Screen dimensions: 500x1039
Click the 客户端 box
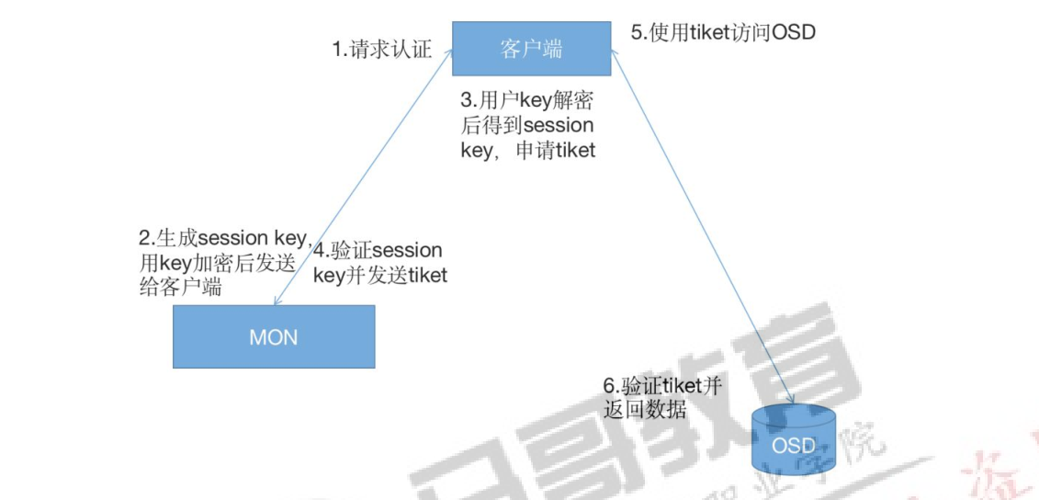tap(531, 49)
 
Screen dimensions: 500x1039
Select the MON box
tap(274, 336)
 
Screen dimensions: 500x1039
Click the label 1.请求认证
tap(380, 50)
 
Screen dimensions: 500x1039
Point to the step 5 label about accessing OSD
tap(723, 33)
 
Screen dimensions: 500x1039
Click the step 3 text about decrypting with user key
tap(527, 124)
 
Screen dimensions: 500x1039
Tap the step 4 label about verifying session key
tap(378, 262)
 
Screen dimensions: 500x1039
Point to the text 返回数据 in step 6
tap(644, 410)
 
